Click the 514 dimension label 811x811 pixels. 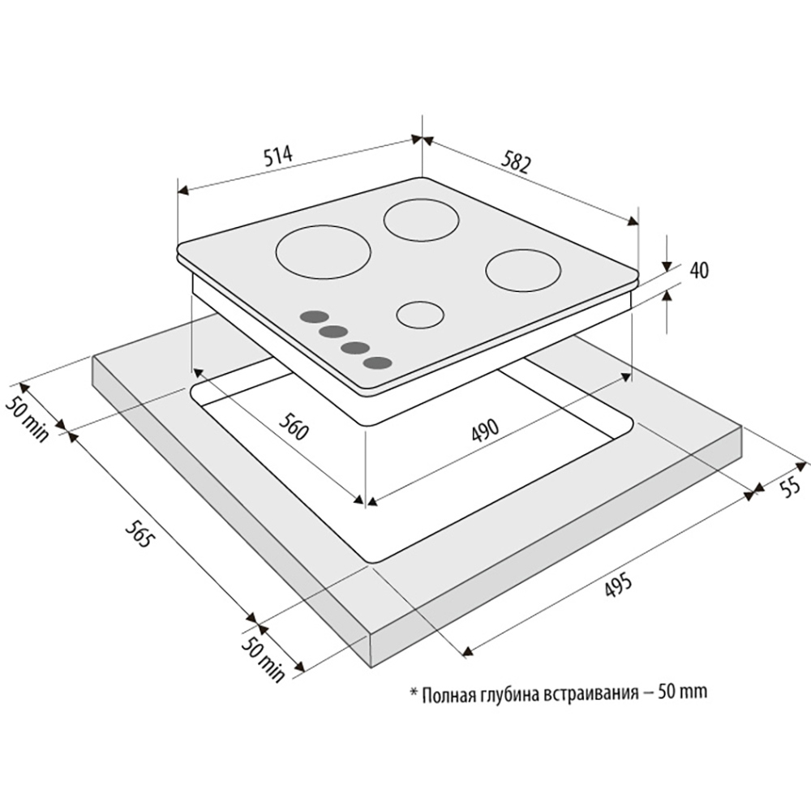[277, 156]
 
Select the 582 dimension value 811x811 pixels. [516, 162]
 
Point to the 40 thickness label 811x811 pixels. [699, 271]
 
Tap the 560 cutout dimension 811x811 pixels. [294, 425]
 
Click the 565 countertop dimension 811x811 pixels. [139, 533]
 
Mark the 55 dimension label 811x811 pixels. [789, 486]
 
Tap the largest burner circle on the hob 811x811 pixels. [324, 253]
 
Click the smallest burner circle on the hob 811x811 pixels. [420, 315]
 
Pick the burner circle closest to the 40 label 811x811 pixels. [523, 271]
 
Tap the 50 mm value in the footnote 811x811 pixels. [682, 692]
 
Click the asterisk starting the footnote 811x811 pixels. [414, 690]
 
